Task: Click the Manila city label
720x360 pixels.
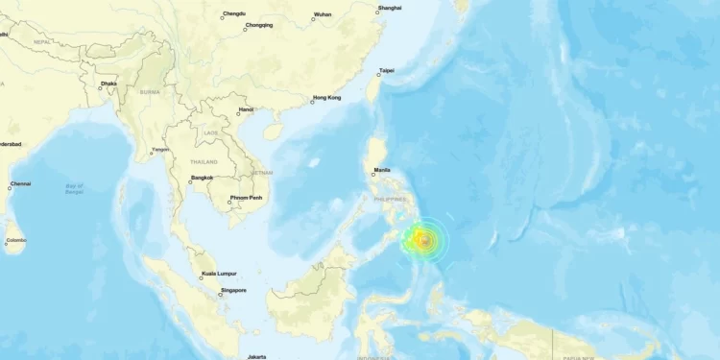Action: point(382,171)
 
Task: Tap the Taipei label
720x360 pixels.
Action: point(387,70)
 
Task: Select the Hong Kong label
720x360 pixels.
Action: point(326,98)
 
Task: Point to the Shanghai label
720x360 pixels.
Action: point(390,8)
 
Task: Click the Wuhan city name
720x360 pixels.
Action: point(323,14)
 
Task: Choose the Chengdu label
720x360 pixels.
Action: point(234,13)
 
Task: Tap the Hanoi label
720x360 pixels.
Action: point(246,109)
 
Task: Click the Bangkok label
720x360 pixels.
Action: point(202,178)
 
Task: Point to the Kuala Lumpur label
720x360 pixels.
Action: point(221,274)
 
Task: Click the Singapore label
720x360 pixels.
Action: point(233,290)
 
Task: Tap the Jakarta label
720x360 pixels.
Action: point(256,356)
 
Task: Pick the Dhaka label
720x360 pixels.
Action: point(108,84)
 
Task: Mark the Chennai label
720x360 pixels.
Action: point(20,183)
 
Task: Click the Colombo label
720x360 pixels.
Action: point(15,240)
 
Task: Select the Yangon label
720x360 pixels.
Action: point(159,149)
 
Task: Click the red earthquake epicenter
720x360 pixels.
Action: point(423,240)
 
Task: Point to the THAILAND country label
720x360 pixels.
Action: point(204,162)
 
